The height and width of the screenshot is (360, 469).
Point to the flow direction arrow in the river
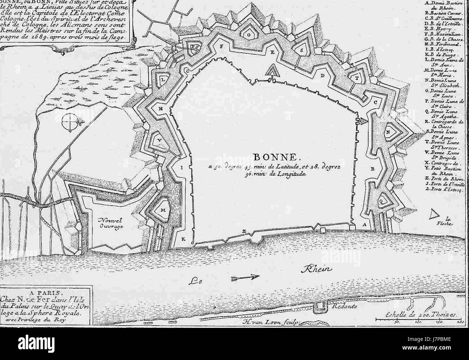coord(246,277)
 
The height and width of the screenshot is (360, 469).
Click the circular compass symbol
coord(69,123)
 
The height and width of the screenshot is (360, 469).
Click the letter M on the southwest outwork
coord(163,210)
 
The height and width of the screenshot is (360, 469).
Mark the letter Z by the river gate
coord(244,231)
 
